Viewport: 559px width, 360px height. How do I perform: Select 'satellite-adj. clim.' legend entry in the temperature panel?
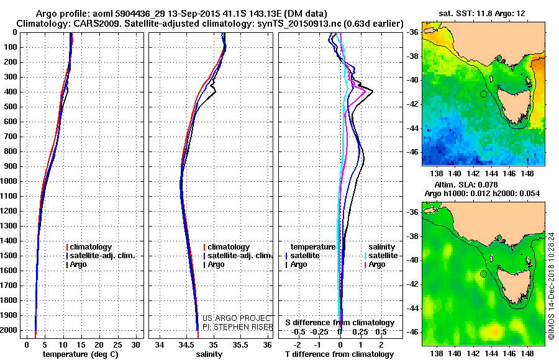[102, 256]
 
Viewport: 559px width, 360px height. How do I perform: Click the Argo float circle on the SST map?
[483, 94]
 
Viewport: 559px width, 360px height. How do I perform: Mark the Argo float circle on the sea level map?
[483, 274]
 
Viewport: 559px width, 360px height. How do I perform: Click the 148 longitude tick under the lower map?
[527, 351]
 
